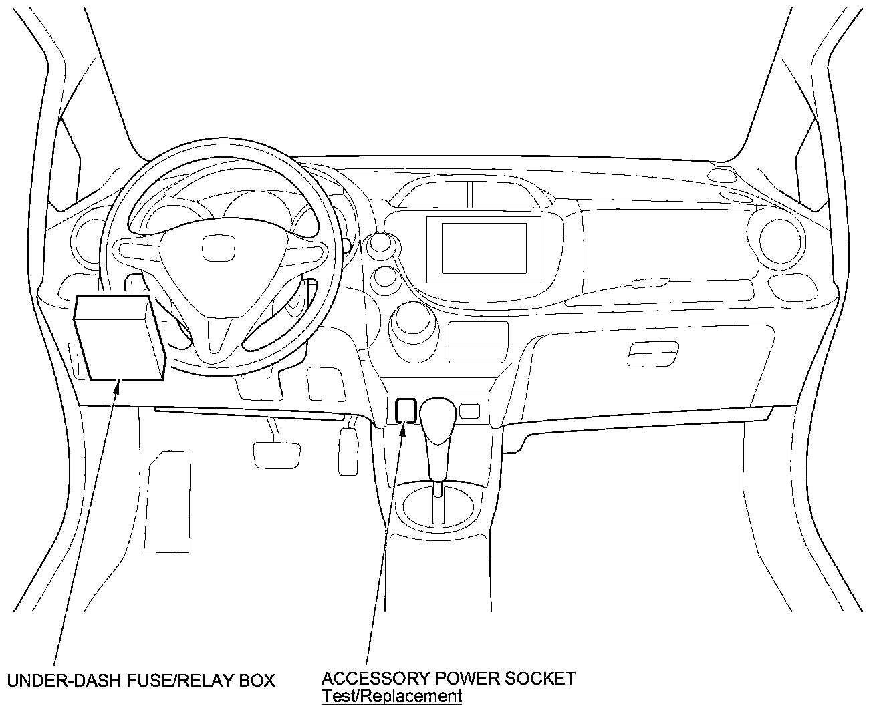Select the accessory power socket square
coord(405,410)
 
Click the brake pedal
coord(277,454)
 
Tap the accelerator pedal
coord(348,452)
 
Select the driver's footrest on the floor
coord(167,501)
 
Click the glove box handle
coord(653,353)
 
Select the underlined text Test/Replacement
coord(391,696)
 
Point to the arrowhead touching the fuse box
coord(118,385)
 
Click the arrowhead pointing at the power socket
coord(403,427)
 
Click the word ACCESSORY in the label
coord(376,679)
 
